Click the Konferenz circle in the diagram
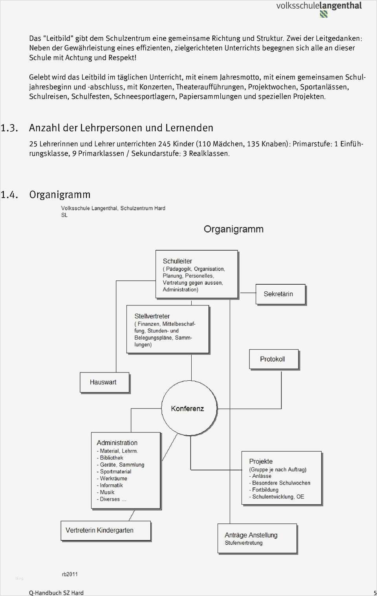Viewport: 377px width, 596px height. pyautogui.click(x=189, y=408)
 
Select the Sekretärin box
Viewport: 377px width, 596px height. pyautogui.click(x=280, y=294)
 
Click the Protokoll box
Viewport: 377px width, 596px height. pyautogui.click(x=274, y=359)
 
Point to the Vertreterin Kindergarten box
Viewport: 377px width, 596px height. pyautogui.click(x=106, y=531)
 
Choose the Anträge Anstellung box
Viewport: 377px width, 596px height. pyautogui.click(x=257, y=538)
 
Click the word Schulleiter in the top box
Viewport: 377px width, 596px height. pyautogui.click(x=178, y=261)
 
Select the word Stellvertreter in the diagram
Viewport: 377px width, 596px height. pyautogui.click(x=152, y=316)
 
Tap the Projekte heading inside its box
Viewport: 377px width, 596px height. pyautogui.click(x=261, y=462)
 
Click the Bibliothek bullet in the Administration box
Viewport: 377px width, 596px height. pyautogui.click(x=111, y=458)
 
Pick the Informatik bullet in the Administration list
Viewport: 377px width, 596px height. pyautogui.click(x=111, y=485)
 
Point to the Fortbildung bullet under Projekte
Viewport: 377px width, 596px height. pyautogui.click(x=265, y=490)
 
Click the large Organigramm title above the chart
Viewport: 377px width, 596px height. pyautogui.click(x=233, y=229)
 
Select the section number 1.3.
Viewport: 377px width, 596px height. pyautogui.click(x=9, y=128)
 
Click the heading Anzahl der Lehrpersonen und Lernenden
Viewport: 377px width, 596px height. pyautogui.click(x=121, y=128)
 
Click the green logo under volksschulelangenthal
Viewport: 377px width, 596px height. pyautogui.click(x=324, y=14)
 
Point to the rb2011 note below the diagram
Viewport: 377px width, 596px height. pyautogui.click(x=70, y=574)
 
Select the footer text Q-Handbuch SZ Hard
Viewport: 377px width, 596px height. pyautogui.click(x=56, y=592)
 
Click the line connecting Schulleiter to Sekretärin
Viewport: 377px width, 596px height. pyautogui.click(x=247, y=293)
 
